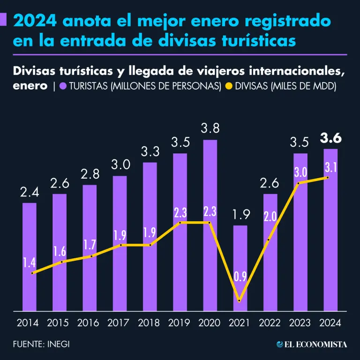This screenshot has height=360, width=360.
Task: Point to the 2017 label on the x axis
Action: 119,323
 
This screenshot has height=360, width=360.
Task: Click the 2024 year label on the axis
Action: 330,323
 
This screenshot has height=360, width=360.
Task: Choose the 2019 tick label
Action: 180,323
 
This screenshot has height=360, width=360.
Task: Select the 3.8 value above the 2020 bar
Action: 210,128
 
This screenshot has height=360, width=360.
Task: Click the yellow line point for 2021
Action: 240,300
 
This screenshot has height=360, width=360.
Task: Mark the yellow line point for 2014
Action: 32,273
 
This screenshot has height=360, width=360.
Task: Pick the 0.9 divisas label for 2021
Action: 240,277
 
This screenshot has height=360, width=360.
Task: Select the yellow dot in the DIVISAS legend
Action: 229,86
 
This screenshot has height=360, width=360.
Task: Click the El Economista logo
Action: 312,344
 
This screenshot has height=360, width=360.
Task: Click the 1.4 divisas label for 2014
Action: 30,262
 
